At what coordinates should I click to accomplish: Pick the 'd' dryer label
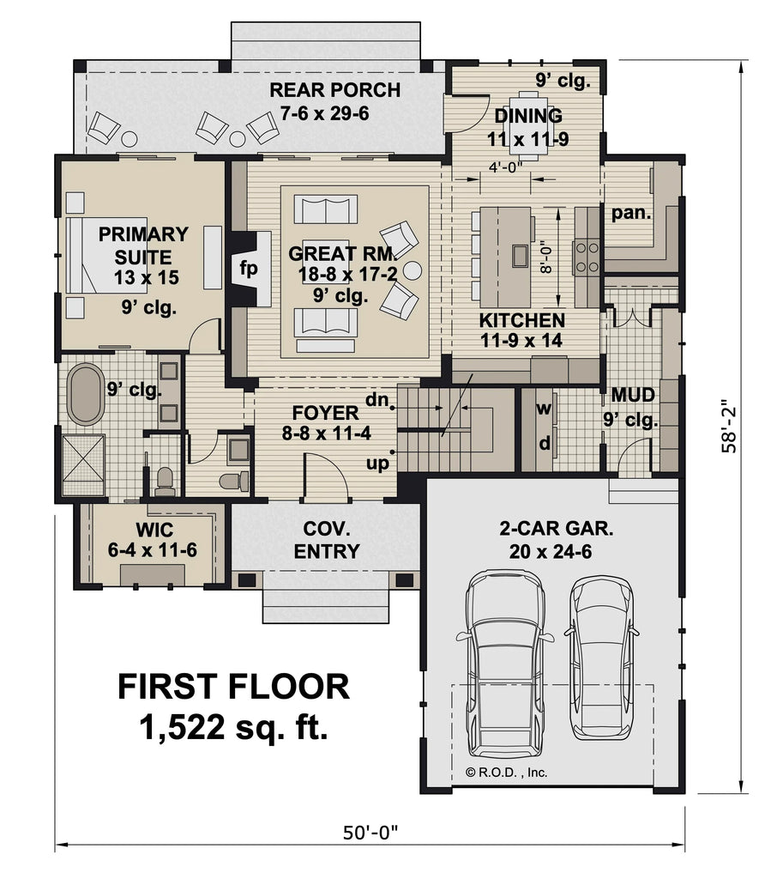coord(544,443)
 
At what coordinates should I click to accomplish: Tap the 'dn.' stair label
coord(378,399)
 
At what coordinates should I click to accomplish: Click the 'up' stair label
coord(378,463)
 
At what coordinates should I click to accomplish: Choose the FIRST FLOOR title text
coord(233,688)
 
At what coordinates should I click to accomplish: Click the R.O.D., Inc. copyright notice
coord(506,772)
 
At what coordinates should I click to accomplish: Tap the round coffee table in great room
coord(413,270)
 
